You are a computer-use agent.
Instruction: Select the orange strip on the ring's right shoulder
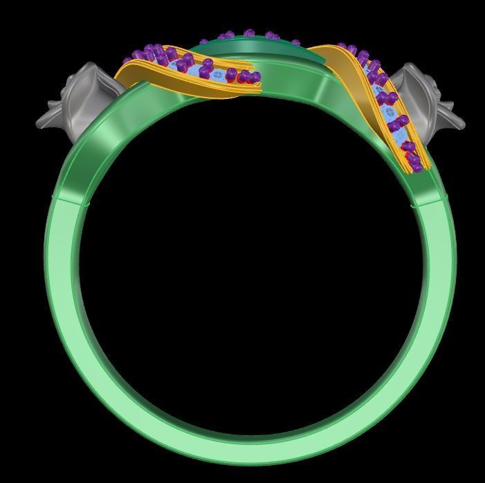click(387, 104)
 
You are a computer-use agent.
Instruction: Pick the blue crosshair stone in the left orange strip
click(219, 73)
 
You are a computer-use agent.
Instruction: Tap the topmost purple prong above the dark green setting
click(249, 33)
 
